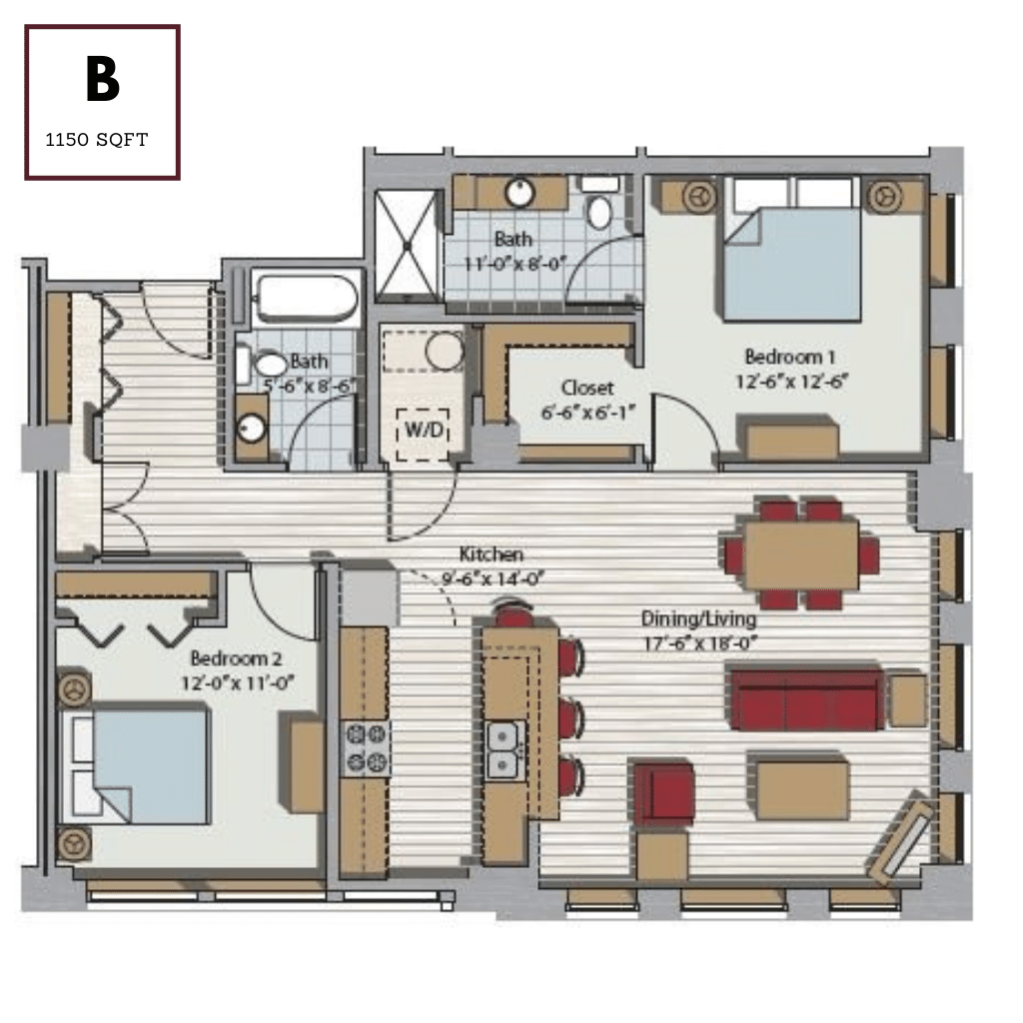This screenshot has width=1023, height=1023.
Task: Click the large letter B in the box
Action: (102, 80)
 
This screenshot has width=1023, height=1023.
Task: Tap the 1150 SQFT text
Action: (97, 140)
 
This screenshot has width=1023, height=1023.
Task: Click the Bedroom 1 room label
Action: (789, 357)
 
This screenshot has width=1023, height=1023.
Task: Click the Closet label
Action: (586, 387)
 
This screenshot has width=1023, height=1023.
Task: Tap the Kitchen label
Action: (491, 554)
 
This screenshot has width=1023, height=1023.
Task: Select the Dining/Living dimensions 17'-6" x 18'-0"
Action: (695, 642)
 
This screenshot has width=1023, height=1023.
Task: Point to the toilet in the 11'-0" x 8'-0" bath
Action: (599, 211)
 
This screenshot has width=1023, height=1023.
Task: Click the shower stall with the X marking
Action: (406, 245)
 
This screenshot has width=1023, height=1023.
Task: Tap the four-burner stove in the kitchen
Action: (366, 749)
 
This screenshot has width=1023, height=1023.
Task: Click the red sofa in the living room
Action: (805, 700)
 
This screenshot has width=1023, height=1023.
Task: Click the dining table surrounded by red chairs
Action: (801, 554)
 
